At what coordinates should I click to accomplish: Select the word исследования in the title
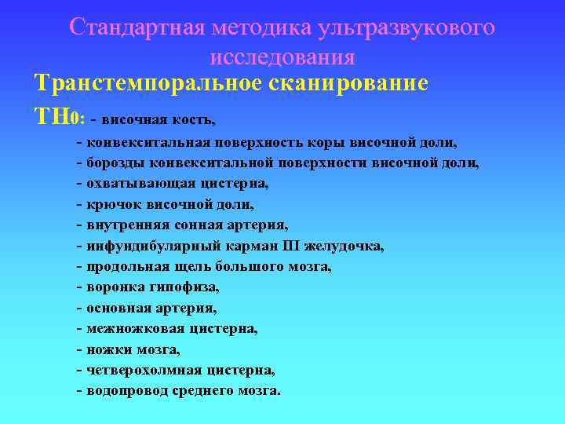[x=282, y=57]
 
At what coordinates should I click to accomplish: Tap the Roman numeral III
[x=304, y=246]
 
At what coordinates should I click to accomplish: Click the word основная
[x=122, y=308]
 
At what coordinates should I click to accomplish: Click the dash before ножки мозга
[x=80, y=349]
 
